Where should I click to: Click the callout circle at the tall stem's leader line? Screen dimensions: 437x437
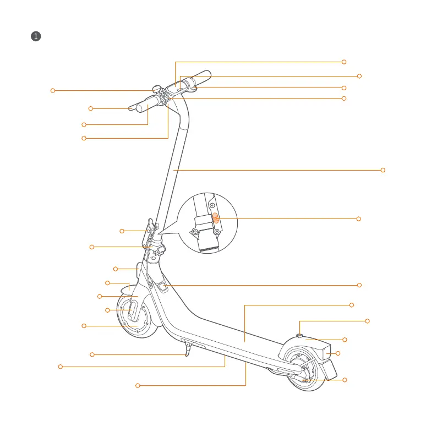[383, 170]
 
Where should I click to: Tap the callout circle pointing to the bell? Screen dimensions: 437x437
[53, 90]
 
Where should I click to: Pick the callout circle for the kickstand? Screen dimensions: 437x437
[92, 354]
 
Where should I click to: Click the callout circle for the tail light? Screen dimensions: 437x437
[338, 353]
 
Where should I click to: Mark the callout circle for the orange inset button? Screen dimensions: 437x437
[358, 219]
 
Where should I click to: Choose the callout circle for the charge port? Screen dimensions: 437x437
[359, 285]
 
